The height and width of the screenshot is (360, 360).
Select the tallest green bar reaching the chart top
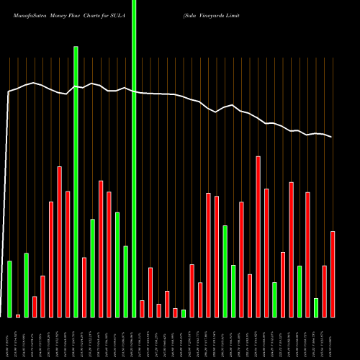click(x=133, y=158)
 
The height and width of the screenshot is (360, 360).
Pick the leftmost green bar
click(x=10, y=289)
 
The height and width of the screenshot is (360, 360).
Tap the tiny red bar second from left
click(x=18, y=315)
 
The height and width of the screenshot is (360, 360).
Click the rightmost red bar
click(x=333, y=274)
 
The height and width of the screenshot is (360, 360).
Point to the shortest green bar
click(x=184, y=313)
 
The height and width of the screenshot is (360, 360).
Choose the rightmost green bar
click(x=316, y=307)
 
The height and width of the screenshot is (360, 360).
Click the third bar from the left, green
click(x=27, y=285)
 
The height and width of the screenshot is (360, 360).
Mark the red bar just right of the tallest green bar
click(x=142, y=308)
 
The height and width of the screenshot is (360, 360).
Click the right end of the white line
click(x=332, y=137)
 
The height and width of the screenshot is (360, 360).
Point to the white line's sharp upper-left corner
click(x=9, y=91)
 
